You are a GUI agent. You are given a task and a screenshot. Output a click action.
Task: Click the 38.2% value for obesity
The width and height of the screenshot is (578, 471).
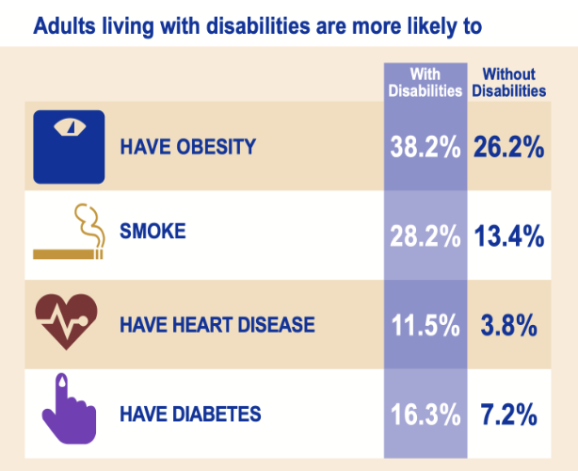425,147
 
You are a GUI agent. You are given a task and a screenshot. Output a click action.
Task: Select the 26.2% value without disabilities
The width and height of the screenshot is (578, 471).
508,147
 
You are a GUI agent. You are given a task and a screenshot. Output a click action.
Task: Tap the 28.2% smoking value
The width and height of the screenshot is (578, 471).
425,235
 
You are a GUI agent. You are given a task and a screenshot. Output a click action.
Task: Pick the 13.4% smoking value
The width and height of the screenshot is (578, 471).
508,235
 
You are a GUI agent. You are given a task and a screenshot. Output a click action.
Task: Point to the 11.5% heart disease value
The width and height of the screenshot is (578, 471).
425,325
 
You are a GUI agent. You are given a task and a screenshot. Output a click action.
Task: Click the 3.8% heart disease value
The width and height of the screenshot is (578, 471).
508,325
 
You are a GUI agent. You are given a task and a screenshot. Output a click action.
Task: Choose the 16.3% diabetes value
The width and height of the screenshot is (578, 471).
425,414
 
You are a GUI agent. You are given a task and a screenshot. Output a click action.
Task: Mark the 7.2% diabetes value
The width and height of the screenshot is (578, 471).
508,414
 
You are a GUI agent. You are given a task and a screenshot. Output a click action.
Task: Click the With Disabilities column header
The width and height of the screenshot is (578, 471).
425,83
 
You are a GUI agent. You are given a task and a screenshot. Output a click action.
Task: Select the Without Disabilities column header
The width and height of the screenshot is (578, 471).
508,83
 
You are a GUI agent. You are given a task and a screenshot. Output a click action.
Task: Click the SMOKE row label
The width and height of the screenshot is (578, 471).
153,232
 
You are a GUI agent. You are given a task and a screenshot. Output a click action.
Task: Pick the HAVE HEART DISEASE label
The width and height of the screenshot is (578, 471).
217,325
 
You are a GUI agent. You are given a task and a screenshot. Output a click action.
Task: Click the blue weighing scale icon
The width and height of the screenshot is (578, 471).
68,146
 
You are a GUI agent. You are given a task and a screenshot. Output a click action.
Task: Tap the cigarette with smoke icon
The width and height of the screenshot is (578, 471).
68,234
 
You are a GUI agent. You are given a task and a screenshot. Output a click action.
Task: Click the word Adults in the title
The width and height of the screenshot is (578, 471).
59,25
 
